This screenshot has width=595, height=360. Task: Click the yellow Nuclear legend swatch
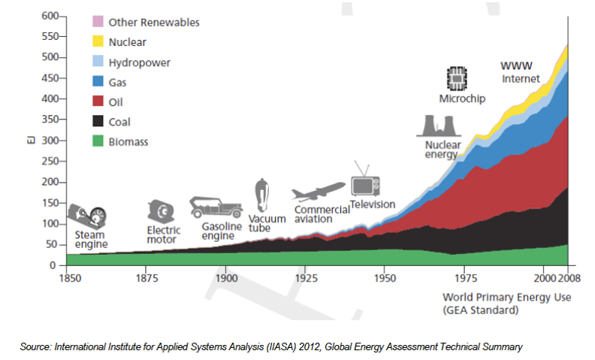click(98, 42)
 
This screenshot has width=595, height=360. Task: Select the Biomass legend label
click(130, 141)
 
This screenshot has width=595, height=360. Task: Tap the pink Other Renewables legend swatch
click(98, 23)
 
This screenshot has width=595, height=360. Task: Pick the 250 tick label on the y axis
click(50, 162)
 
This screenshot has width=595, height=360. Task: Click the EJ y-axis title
click(32, 141)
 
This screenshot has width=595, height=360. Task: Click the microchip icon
click(456, 78)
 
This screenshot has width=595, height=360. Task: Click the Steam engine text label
click(92, 239)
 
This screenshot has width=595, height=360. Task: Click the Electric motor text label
click(162, 234)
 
